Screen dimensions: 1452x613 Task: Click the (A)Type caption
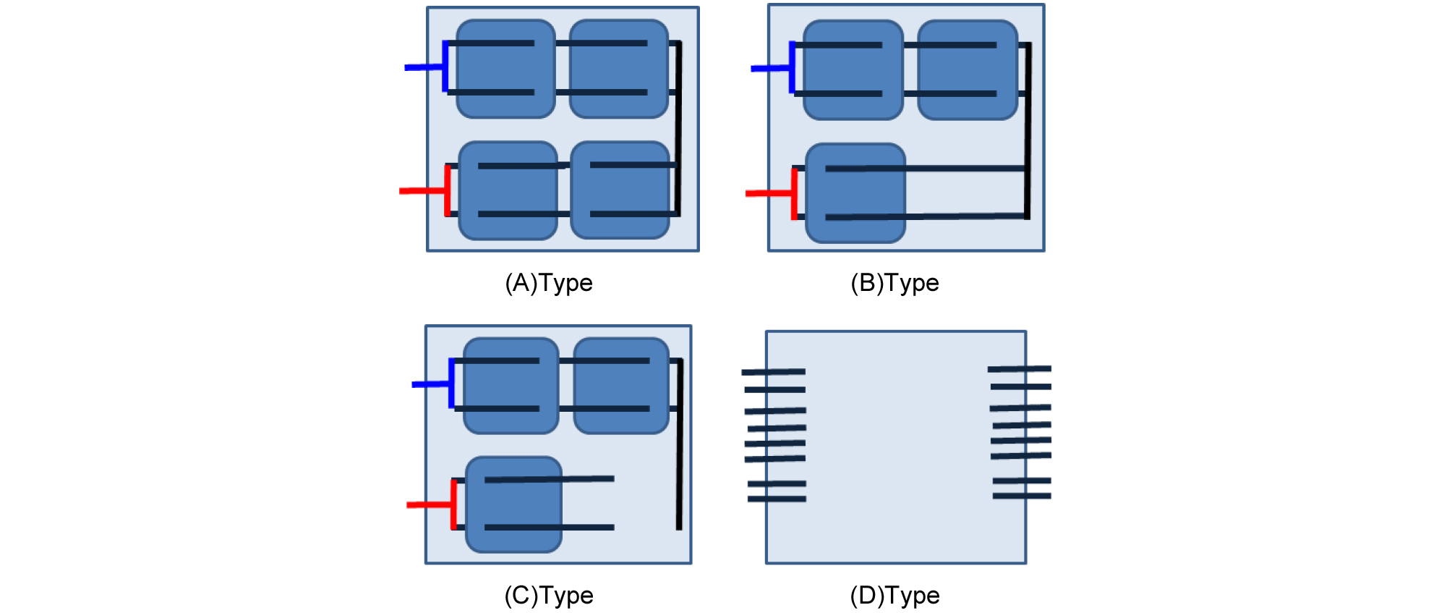[x=548, y=283]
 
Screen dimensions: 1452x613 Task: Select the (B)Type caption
[x=894, y=283]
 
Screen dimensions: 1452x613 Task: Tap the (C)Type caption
[x=548, y=596]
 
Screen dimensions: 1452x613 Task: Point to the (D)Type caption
[x=894, y=596]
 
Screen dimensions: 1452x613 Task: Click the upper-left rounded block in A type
[x=506, y=69]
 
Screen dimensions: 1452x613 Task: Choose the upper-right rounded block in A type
[x=619, y=69]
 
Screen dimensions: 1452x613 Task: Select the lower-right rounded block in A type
[x=620, y=190]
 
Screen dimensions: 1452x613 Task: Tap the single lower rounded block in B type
[x=855, y=193]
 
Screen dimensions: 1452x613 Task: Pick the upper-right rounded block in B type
[x=968, y=69]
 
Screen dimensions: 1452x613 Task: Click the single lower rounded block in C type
[x=514, y=504]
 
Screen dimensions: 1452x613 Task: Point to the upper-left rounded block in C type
[x=511, y=386]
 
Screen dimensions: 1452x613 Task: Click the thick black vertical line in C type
[x=679, y=444]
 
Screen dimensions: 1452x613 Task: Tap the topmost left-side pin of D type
[x=773, y=372]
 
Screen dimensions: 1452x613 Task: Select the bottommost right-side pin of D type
[x=1022, y=496]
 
